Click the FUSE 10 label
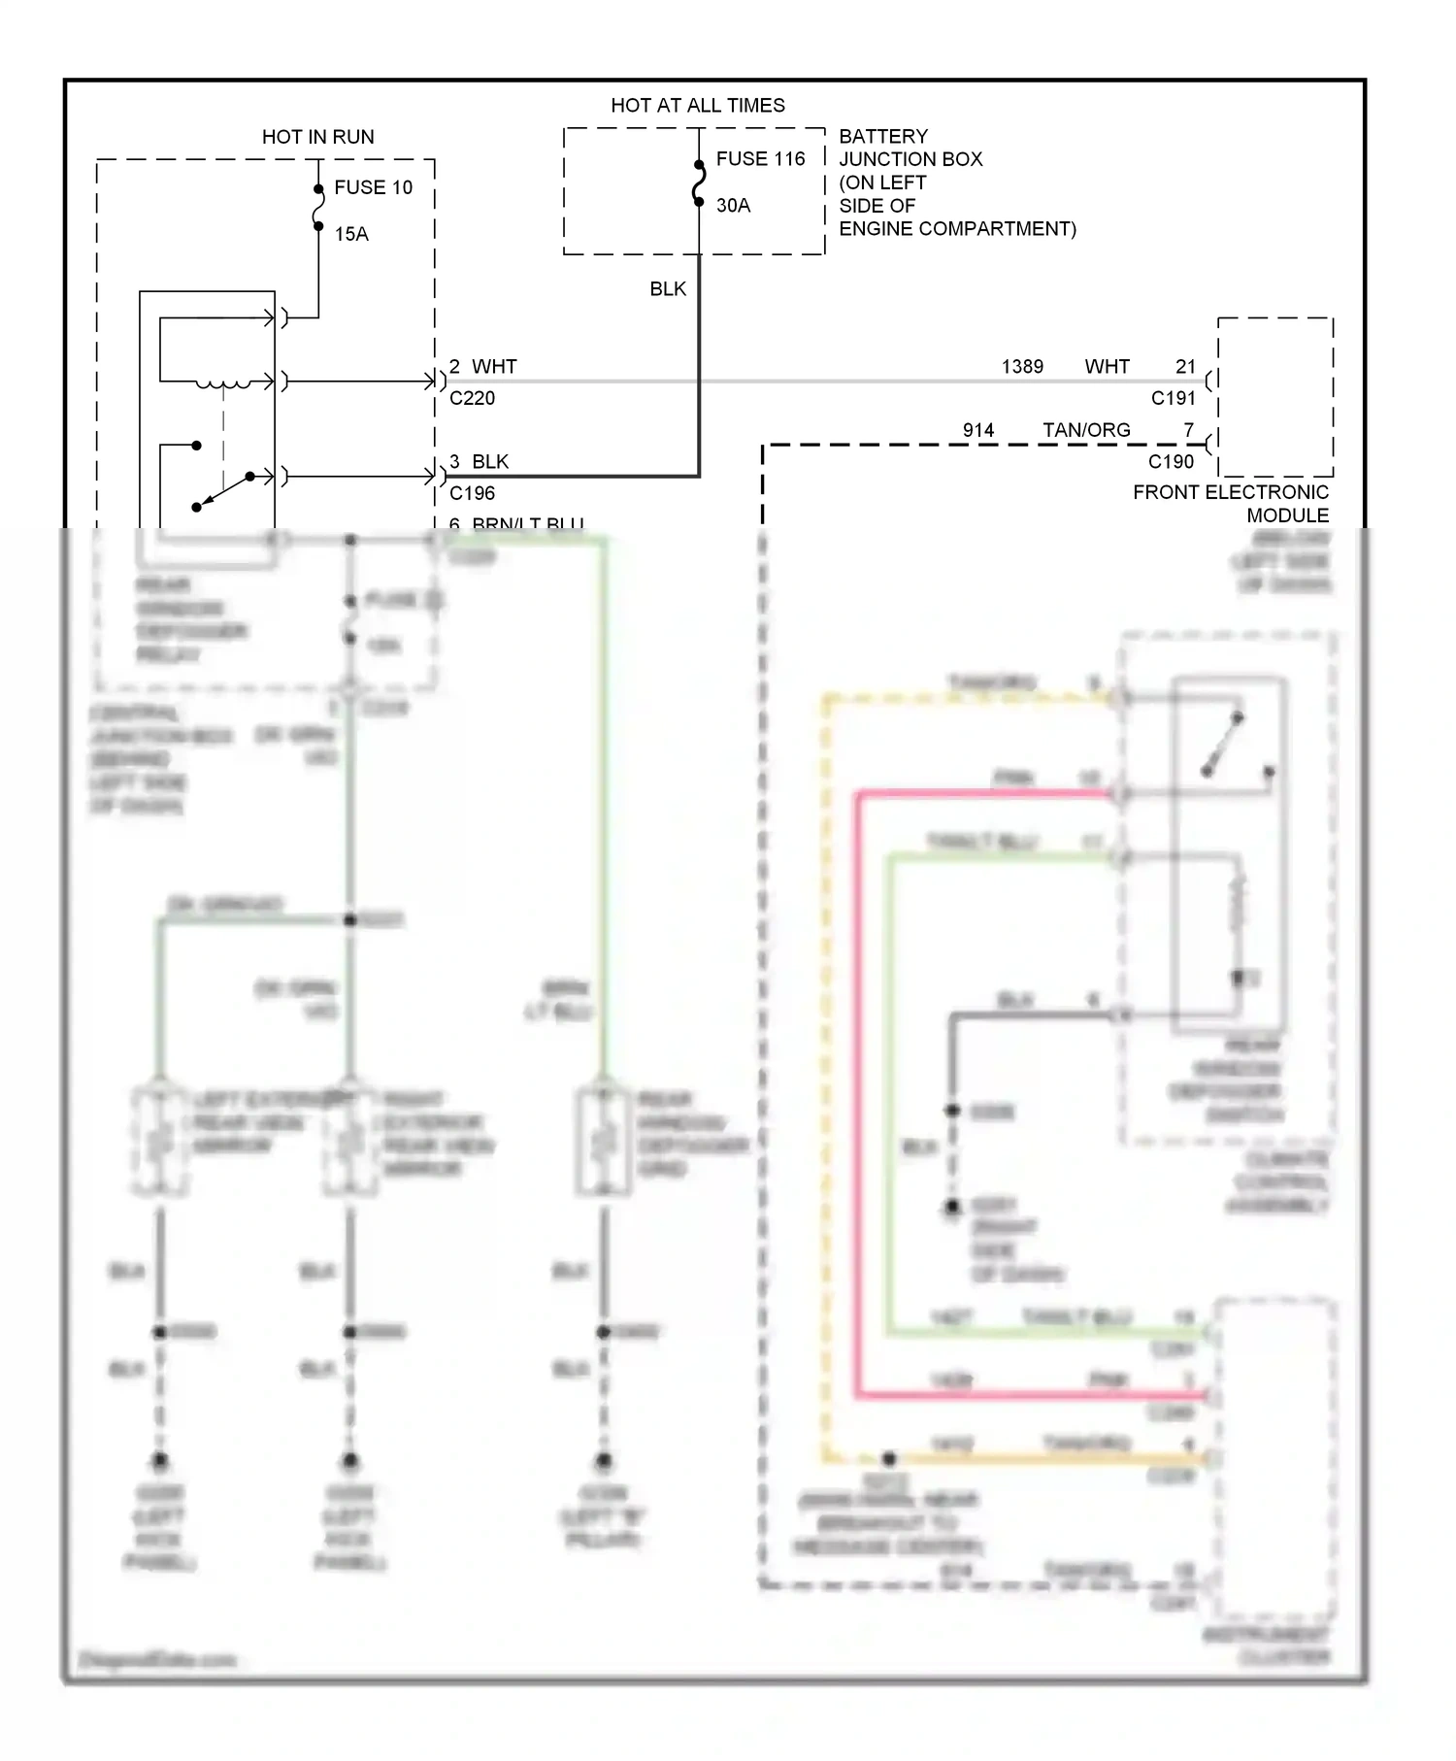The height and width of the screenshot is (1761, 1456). pyautogui.click(x=373, y=187)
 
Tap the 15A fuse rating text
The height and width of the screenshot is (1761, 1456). pyautogui.click(x=351, y=234)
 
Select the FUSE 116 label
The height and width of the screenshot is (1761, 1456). pyautogui.click(x=760, y=158)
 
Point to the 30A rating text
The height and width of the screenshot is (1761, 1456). pyautogui.click(x=733, y=205)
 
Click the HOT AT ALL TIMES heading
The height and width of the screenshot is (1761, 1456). pyautogui.click(x=697, y=105)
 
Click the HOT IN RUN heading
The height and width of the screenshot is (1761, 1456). pyautogui.click(x=317, y=137)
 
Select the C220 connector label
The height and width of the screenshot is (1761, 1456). pyautogui.click(x=472, y=398)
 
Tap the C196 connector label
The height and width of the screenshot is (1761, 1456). pyautogui.click(x=472, y=493)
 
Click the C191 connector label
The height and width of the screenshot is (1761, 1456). pyautogui.click(x=1173, y=398)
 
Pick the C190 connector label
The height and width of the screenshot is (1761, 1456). pyautogui.click(x=1171, y=462)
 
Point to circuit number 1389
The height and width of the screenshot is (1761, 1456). pyautogui.click(x=1022, y=366)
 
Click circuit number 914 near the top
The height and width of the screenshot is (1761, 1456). pyautogui.click(x=978, y=430)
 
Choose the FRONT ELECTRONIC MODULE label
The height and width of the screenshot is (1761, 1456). pyautogui.click(x=1231, y=503)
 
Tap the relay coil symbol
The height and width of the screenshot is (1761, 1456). pyautogui.click(x=222, y=384)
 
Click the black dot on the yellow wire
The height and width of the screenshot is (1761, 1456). pyautogui.click(x=888, y=1458)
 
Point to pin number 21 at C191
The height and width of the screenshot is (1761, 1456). pyautogui.click(x=1185, y=366)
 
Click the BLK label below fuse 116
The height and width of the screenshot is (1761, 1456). pyautogui.click(x=668, y=288)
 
